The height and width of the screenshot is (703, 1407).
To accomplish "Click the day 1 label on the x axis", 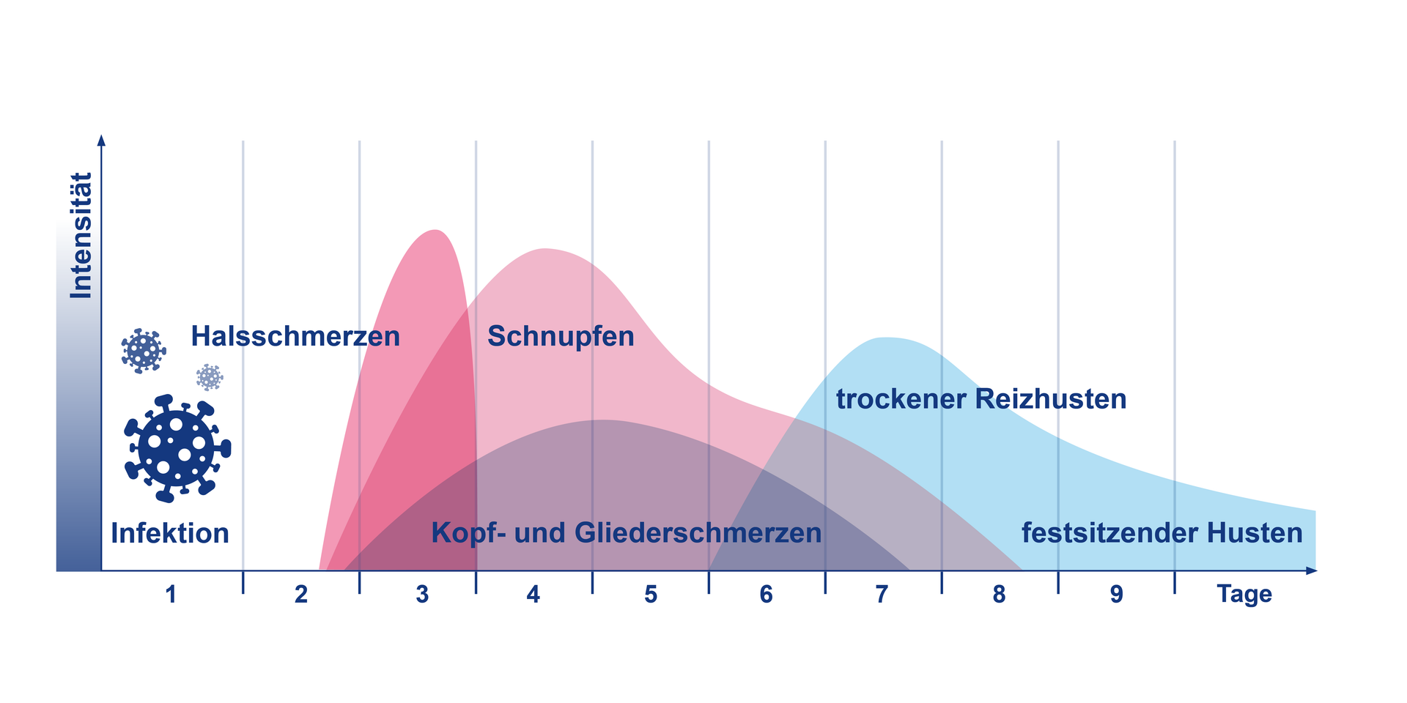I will tap(171, 595).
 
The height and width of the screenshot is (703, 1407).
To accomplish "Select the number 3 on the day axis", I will tap(422, 595).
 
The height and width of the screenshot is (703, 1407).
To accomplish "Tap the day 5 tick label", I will tap(651, 595).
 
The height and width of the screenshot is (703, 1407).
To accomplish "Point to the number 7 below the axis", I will tap(882, 595).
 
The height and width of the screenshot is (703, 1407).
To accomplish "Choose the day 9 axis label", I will tap(1116, 595).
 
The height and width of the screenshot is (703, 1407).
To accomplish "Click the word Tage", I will tap(1244, 594).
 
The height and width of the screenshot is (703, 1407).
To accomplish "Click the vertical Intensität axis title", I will tap(81, 236).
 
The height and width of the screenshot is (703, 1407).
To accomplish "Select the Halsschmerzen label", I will tap(295, 337).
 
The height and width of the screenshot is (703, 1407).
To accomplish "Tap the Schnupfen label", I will tap(561, 337).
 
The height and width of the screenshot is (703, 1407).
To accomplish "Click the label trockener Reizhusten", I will tap(981, 400).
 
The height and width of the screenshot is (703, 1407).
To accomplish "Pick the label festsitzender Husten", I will tap(1162, 533).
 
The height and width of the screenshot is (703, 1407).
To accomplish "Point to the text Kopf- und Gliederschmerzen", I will tap(627, 533).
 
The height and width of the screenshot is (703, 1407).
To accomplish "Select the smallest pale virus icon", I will tap(210, 377).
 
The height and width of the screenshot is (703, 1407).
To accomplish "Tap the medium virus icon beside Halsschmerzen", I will tap(143, 351).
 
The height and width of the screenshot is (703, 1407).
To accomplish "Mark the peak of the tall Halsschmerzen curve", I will tap(436, 231).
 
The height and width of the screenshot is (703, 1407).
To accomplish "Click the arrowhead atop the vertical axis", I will tap(101, 140).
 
